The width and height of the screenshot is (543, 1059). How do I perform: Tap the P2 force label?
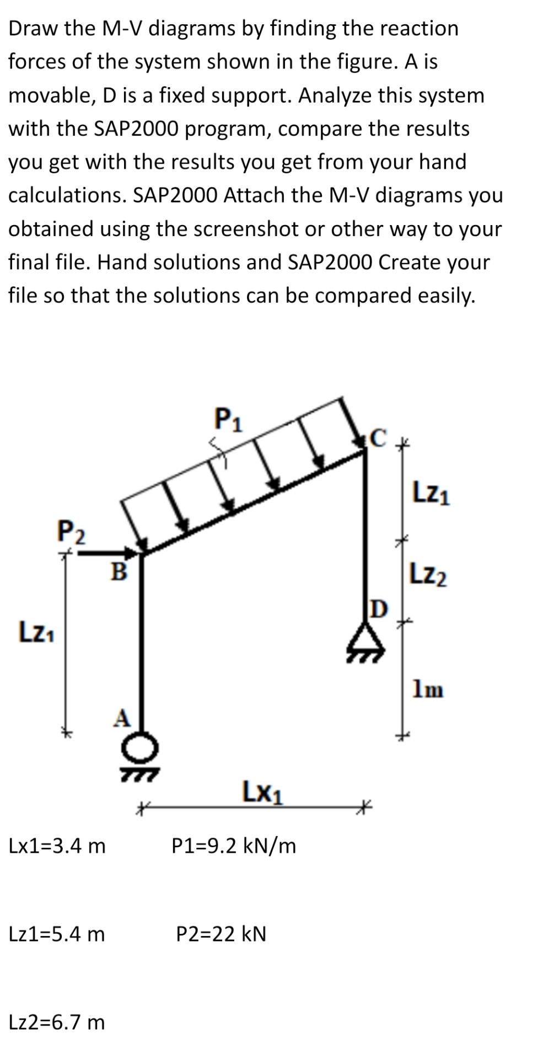pyautogui.click(x=72, y=532)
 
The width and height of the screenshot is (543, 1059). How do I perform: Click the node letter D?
pyautogui.click(x=379, y=608)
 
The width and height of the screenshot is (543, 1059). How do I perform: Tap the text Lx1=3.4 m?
pyautogui.click(x=57, y=846)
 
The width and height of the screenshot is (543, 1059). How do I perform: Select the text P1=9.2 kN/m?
pyautogui.click(x=234, y=846)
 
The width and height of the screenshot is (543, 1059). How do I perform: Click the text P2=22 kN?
pyautogui.click(x=221, y=934)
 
